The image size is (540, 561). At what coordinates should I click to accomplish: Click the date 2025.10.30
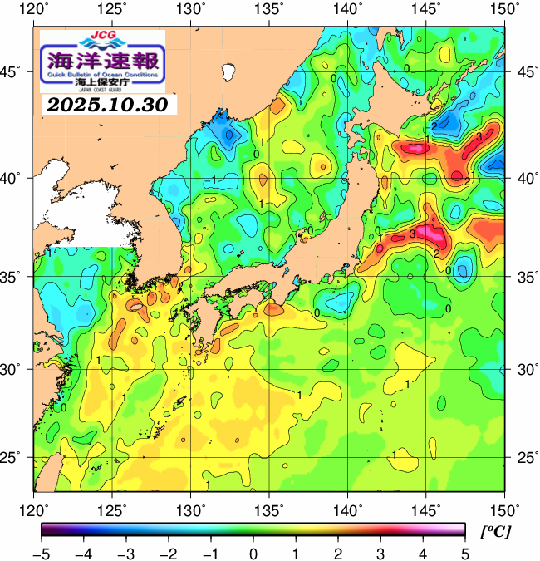point(106,106)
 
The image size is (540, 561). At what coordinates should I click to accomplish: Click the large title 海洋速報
point(103,61)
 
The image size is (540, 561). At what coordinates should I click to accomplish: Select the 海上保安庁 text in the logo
point(103,84)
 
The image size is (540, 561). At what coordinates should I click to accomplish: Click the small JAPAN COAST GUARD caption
point(103,91)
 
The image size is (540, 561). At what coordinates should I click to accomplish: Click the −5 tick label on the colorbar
point(42,553)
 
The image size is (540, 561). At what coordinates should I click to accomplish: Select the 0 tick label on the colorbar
point(253,553)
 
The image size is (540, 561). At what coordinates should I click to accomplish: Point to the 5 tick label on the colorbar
point(464,553)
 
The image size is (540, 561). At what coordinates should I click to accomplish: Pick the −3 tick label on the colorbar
point(125,553)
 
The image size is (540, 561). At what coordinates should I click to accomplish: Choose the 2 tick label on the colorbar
point(337,553)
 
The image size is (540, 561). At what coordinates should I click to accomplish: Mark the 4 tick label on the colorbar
point(421,553)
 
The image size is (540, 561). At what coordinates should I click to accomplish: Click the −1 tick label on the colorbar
point(210,553)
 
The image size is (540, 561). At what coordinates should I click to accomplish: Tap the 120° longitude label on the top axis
point(35,8)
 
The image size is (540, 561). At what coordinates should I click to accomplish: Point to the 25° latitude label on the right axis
point(523,458)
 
